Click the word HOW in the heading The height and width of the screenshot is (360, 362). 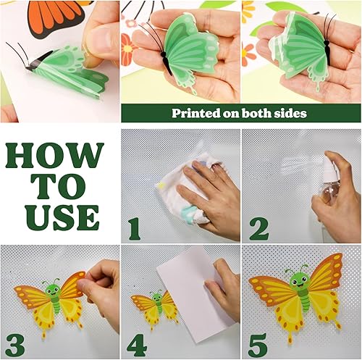(55, 156)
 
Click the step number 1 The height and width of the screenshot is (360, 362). (135, 229)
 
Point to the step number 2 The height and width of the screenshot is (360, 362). (259, 229)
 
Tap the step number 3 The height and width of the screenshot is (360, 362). (15, 346)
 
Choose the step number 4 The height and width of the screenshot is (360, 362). (137, 346)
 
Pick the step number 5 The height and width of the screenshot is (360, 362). (258, 346)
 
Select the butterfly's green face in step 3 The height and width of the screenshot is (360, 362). (53, 289)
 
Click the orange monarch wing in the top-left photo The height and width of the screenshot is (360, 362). (56, 17)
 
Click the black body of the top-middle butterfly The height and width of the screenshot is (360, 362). (167, 63)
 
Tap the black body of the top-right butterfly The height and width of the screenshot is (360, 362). (327, 49)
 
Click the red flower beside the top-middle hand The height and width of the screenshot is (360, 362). (127, 50)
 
